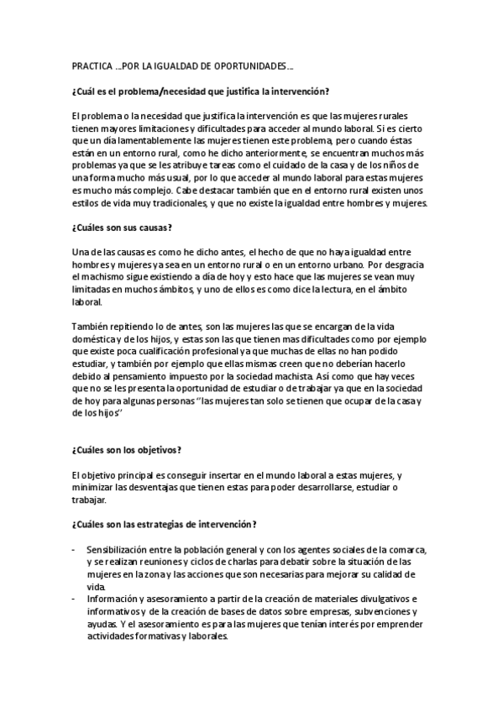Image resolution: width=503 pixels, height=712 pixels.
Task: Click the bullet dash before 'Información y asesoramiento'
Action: click(75, 599)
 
